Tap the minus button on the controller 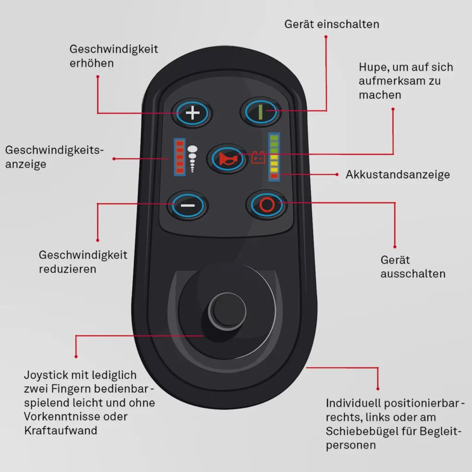coord(188,205)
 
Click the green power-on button coord(260,112)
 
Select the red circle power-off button coord(266,204)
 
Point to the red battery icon coord(258,158)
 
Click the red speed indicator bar coord(179,157)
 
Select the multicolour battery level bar coord(274,156)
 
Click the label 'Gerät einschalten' coord(332,24)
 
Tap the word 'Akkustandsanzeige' coord(397,175)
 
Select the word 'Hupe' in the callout coord(372,67)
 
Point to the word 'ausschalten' coord(413,273)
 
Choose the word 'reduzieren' coord(68,268)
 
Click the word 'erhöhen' coord(91,63)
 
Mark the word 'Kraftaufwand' coord(60,431)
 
